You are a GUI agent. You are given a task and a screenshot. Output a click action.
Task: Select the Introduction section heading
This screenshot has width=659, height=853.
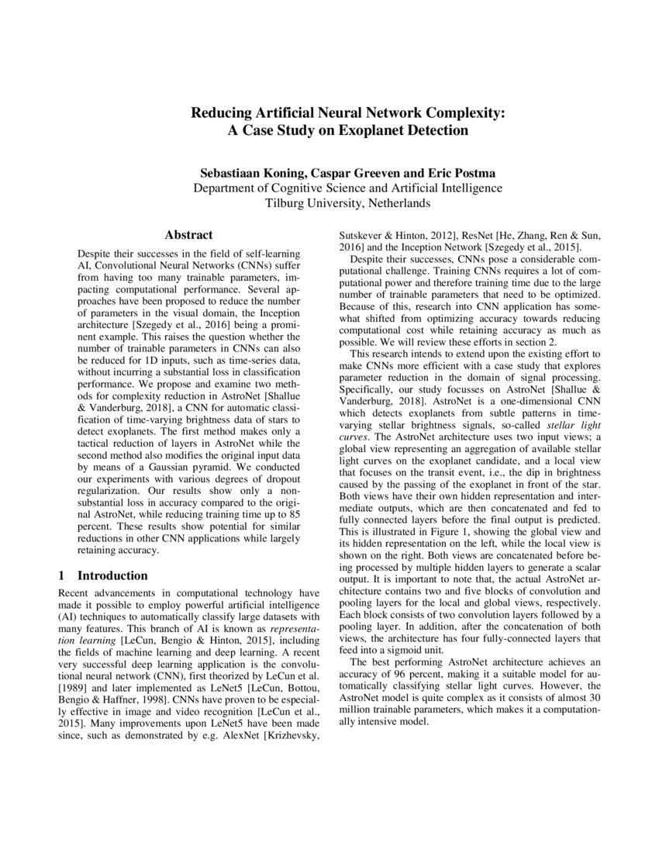(112, 575)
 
